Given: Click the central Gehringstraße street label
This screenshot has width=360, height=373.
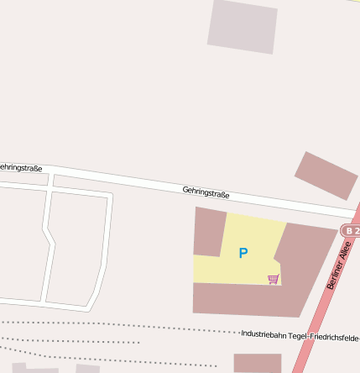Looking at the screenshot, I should (x=206, y=193).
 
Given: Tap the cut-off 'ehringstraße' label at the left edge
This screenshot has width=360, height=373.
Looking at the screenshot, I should (x=21, y=168).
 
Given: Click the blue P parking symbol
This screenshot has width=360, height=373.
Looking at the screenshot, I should (x=243, y=253).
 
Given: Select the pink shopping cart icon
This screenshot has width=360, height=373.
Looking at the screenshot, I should (x=273, y=279).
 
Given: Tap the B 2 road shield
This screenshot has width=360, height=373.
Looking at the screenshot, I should (x=351, y=230).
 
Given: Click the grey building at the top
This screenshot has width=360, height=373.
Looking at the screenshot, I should (x=243, y=26).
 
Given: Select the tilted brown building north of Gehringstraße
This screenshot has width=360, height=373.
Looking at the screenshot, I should (x=326, y=176).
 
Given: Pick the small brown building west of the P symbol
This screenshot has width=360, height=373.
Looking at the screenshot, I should (x=209, y=231).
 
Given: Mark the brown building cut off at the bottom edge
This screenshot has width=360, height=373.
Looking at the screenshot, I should (x=257, y=363).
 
